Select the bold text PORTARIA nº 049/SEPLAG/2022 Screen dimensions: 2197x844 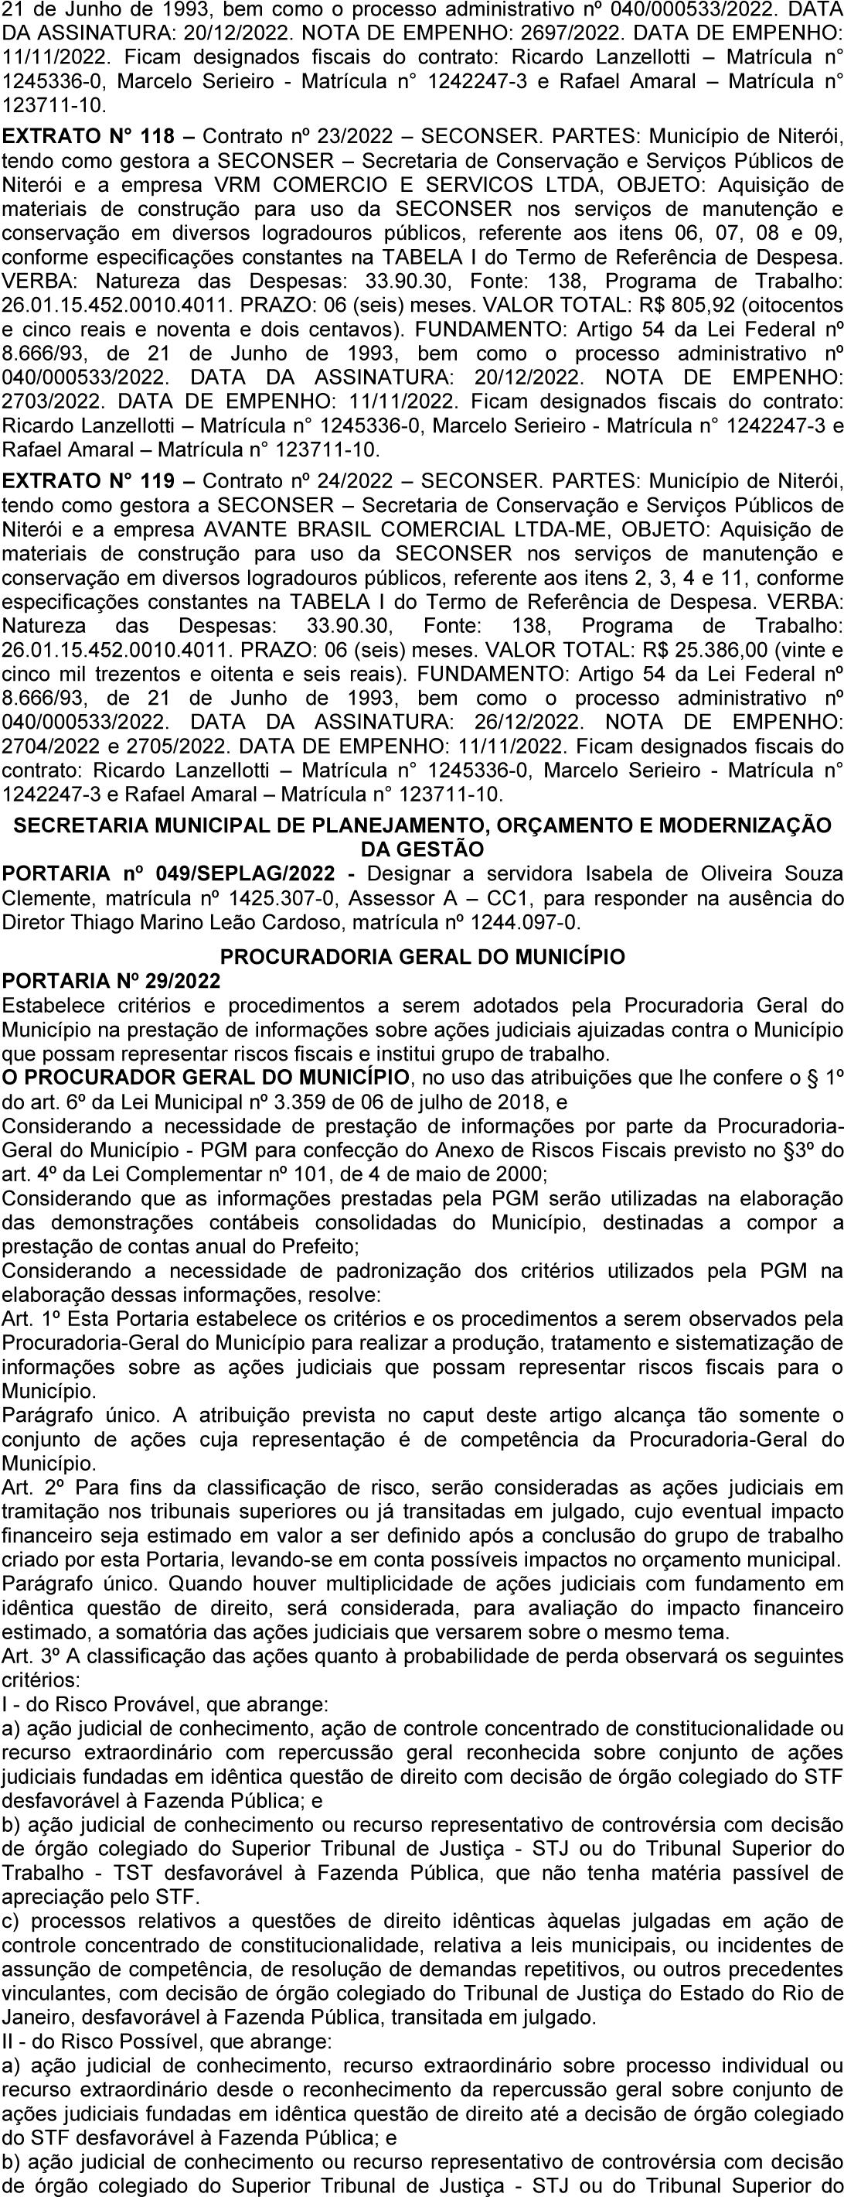tap(177, 873)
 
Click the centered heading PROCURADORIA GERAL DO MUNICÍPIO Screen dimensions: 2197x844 tap(422, 956)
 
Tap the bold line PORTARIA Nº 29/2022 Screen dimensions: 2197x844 tap(111, 980)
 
